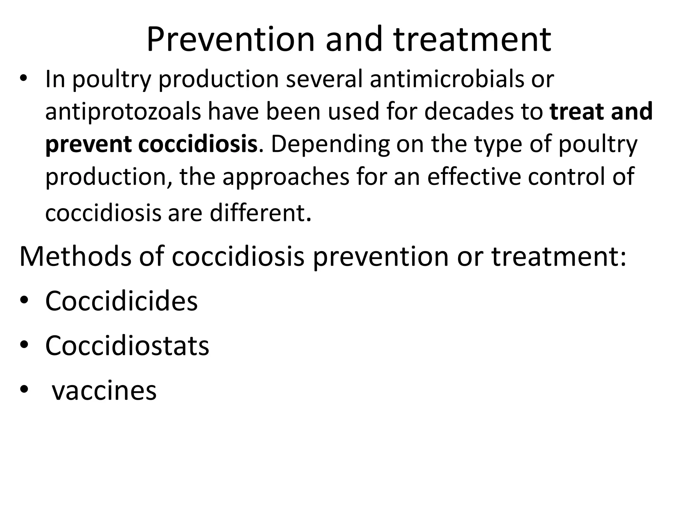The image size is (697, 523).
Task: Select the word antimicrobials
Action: click(x=442, y=79)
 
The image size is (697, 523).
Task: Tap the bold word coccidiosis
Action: click(x=198, y=144)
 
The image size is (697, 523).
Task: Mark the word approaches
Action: click(x=286, y=177)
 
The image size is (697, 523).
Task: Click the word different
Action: click(x=260, y=213)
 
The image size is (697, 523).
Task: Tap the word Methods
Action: click(x=75, y=256)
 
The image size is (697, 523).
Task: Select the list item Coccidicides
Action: click(x=121, y=301)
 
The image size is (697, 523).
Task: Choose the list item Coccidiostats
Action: click(x=127, y=346)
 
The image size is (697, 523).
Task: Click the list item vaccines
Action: click(x=104, y=391)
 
